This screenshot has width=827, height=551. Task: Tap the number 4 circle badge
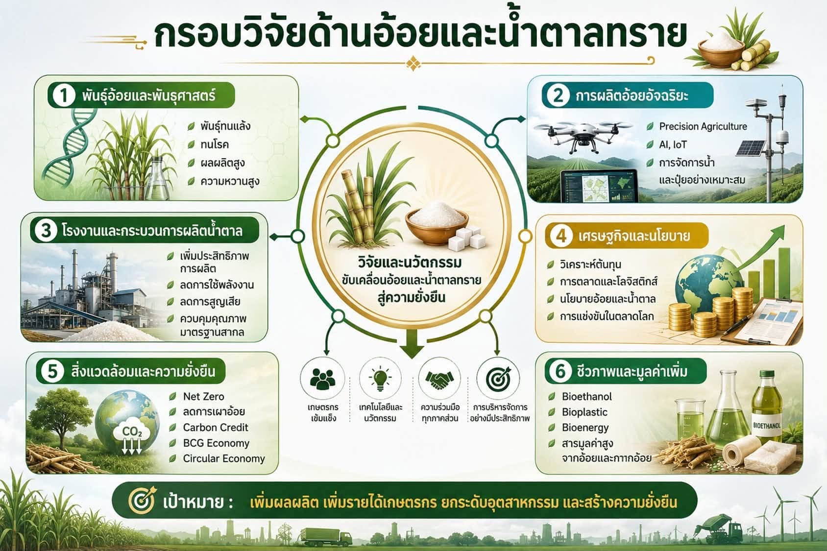click(x=561, y=236)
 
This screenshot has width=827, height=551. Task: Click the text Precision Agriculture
click(x=703, y=126)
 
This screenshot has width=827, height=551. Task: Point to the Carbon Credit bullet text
click(x=216, y=428)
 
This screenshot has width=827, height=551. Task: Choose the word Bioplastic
click(x=584, y=412)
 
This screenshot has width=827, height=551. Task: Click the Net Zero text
click(x=203, y=396)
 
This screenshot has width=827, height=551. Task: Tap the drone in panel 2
click(x=583, y=136)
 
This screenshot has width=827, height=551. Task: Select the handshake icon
click(x=439, y=379)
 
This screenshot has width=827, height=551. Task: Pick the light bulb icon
click(x=380, y=379)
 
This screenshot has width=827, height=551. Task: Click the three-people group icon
click(x=322, y=379)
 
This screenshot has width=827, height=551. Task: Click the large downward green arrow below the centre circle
click(x=412, y=344)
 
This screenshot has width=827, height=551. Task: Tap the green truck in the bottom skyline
click(x=326, y=537)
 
